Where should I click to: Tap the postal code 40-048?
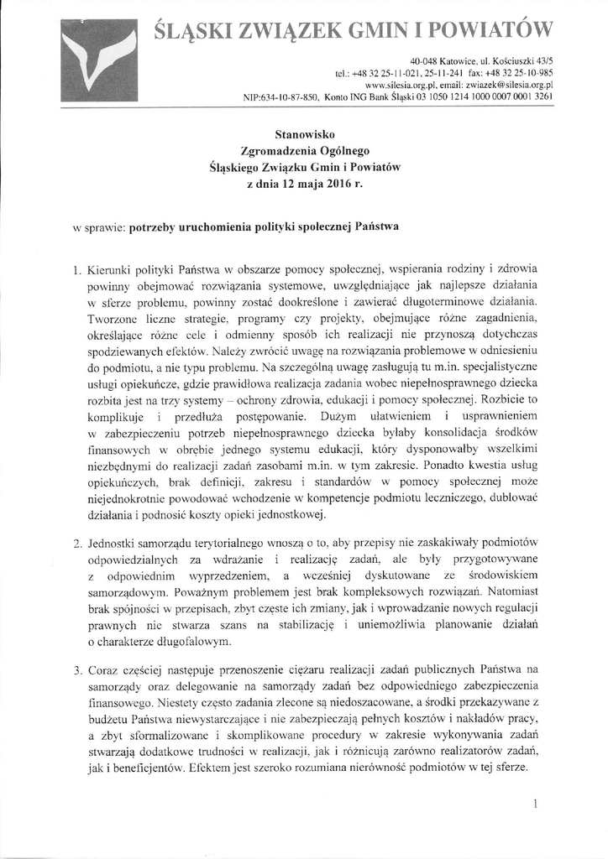(x=427, y=62)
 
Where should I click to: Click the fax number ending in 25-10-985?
(x=525, y=74)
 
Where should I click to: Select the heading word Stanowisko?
(x=305, y=134)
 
